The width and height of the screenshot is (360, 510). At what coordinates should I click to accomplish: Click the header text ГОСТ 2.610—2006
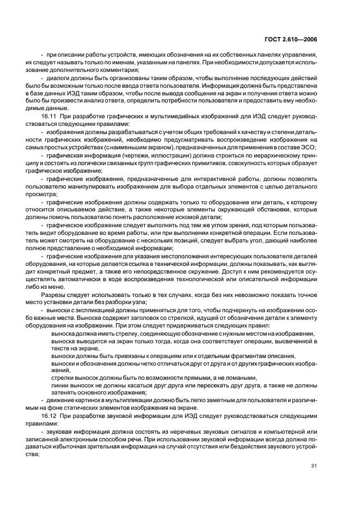point(294,39)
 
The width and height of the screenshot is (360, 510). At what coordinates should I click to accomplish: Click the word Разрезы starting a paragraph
point(53,294)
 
